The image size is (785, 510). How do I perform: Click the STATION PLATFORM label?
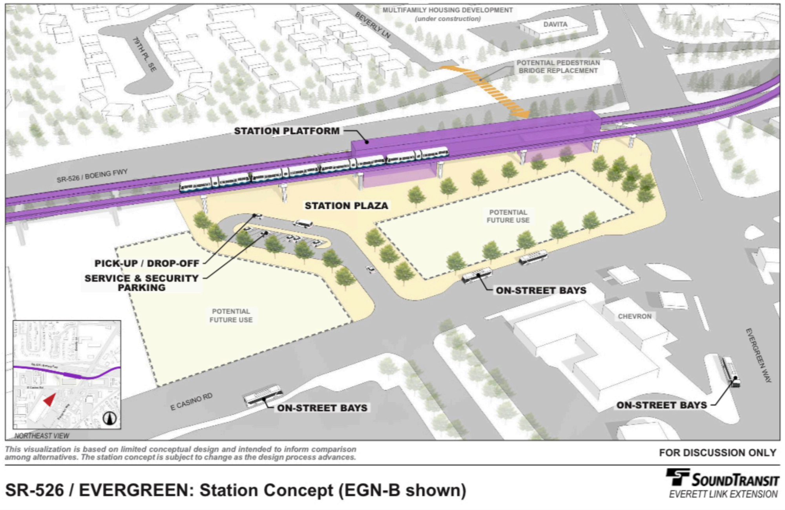287,131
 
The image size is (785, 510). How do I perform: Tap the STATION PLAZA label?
346,206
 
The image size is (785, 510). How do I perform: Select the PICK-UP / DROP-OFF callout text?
147,263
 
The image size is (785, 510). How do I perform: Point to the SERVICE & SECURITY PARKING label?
142,283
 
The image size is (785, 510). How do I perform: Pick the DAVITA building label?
555,24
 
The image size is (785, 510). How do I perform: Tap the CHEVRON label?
634,316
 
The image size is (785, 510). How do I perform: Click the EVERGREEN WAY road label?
758,355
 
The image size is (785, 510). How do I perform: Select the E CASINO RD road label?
191,402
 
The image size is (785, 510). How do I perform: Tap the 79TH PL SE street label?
144,54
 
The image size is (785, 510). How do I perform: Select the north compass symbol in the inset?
110,418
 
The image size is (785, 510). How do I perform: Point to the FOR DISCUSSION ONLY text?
717,453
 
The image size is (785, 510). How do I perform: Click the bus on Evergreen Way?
730,371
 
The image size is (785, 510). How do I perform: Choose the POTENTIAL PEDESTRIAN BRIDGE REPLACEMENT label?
558,67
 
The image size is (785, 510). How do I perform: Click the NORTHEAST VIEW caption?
42,436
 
